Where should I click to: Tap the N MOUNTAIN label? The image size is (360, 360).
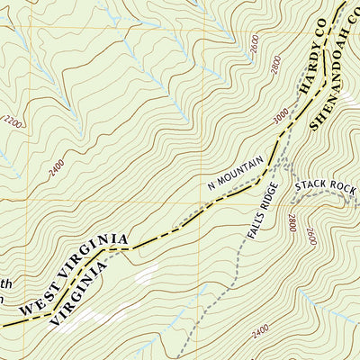coord(236,173)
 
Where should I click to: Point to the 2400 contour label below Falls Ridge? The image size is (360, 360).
coord(260,335)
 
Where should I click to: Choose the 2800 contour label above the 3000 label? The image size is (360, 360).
coord(275,65)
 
